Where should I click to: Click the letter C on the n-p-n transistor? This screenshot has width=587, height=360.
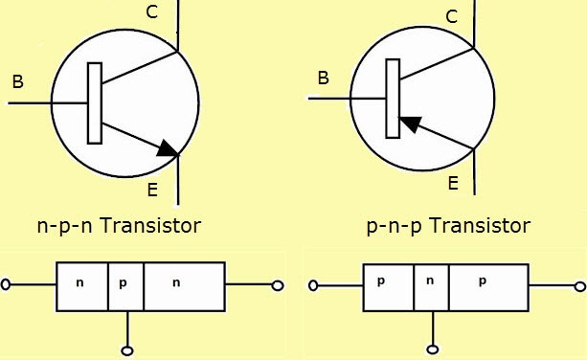152,12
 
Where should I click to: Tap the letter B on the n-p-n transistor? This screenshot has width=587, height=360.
17,82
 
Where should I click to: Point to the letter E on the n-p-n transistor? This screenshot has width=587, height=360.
152,191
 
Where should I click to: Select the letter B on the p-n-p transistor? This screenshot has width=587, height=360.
324,78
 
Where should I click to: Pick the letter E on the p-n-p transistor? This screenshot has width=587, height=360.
453,183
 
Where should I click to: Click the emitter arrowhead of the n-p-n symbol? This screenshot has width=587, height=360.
167,147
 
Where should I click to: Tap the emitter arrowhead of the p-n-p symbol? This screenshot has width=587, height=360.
411,124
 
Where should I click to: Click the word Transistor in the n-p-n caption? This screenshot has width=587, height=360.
151,226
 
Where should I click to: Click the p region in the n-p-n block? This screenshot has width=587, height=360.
125,284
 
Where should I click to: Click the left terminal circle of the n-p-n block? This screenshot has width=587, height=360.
7,285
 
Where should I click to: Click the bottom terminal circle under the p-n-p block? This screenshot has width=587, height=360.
433,349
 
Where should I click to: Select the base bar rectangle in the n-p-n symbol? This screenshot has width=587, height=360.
94,103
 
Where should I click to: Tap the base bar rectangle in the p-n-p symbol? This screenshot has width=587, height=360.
393,98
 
